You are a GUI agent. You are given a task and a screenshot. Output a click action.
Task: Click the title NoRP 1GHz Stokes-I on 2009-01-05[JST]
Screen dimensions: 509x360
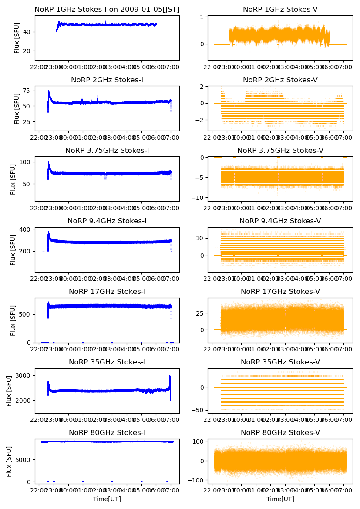coord(107,9)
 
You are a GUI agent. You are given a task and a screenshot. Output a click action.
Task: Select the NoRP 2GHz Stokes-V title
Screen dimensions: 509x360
coord(280,80)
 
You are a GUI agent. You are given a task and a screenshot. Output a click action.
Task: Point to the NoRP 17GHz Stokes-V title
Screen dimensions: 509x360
coord(280,291)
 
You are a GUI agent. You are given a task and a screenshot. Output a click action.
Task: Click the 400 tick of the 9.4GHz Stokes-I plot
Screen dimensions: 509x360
coord(26,229)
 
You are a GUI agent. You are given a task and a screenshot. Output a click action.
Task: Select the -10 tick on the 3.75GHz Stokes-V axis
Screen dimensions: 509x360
coord(199,198)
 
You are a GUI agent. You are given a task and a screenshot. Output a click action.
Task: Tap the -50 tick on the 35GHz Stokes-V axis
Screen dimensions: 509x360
coord(199,410)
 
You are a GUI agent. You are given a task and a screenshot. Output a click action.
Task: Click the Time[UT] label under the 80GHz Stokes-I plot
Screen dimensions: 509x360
coord(107,499)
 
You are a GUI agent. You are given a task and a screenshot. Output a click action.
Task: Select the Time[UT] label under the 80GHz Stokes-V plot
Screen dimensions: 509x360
coord(280,499)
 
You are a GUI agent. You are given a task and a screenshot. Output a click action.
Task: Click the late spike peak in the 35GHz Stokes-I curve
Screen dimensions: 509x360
coord(169,376)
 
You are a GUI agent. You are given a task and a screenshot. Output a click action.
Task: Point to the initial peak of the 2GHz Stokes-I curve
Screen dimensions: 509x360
coord(48,91)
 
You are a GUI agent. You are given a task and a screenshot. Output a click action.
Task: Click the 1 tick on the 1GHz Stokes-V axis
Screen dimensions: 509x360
coord(202,17)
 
